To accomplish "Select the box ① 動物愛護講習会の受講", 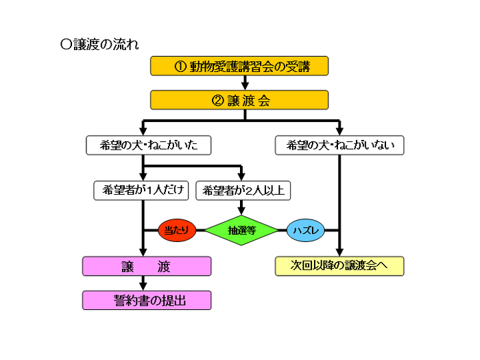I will (x=240, y=66).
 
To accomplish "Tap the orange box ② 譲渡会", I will (x=240, y=100).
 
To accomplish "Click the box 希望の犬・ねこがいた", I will (x=147, y=145).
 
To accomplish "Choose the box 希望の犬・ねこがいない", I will (x=339, y=145).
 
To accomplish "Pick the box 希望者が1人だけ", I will (x=141, y=191).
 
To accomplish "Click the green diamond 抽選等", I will (x=242, y=230).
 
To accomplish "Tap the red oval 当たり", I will (x=177, y=230).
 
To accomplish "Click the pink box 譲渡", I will (x=147, y=266).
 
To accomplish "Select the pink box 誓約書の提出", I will (x=147, y=300).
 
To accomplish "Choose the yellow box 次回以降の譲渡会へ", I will (x=339, y=266).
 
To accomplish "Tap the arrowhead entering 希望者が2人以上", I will (x=242, y=177).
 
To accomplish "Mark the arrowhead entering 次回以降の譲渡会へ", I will (x=339, y=252).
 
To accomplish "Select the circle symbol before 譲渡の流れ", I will (x=66, y=45).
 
